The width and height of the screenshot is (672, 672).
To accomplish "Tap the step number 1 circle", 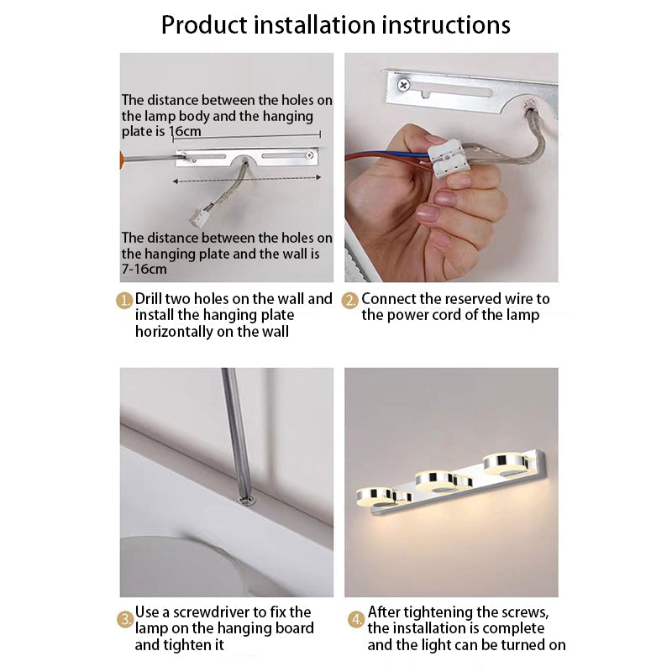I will [x=125, y=300].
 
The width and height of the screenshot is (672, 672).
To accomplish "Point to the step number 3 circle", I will [x=125, y=620].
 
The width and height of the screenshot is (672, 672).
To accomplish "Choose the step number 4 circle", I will [x=355, y=620].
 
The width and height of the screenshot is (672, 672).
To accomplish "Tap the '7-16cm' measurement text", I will [x=144, y=270].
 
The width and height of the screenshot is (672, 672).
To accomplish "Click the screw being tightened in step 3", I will [x=248, y=501].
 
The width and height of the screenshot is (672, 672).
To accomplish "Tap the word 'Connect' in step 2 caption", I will [x=389, y=299].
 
